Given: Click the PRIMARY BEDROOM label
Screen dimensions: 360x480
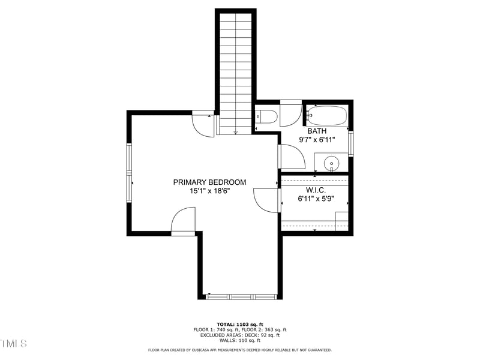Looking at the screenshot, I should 209,182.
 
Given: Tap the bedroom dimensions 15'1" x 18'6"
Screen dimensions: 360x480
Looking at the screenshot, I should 209,191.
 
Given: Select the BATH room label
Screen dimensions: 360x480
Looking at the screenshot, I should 317,131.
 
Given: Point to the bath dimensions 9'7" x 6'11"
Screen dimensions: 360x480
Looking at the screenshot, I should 317,140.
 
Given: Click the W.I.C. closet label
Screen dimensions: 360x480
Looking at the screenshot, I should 316,190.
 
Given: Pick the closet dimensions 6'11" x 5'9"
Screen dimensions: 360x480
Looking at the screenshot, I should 316,199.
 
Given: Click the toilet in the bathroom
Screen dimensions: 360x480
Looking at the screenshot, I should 267,116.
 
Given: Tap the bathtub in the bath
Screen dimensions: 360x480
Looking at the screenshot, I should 327,115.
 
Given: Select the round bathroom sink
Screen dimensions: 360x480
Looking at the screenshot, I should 331,163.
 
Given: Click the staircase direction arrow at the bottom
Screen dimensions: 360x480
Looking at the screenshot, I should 236,131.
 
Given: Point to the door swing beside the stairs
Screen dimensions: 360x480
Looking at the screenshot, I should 203,125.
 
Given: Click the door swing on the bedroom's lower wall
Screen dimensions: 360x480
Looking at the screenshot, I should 184,220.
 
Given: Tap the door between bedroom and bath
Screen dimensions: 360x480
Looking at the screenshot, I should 292,157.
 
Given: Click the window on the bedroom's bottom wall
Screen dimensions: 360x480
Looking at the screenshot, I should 240,296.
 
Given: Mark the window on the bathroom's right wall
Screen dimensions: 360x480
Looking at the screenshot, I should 351,143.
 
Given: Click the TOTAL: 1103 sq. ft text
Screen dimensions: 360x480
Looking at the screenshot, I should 240,324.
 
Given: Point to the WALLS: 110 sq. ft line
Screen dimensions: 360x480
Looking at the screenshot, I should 240,340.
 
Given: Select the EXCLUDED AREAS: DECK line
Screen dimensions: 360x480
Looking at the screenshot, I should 240,335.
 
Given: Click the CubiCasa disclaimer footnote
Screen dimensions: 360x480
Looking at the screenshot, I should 240,350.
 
